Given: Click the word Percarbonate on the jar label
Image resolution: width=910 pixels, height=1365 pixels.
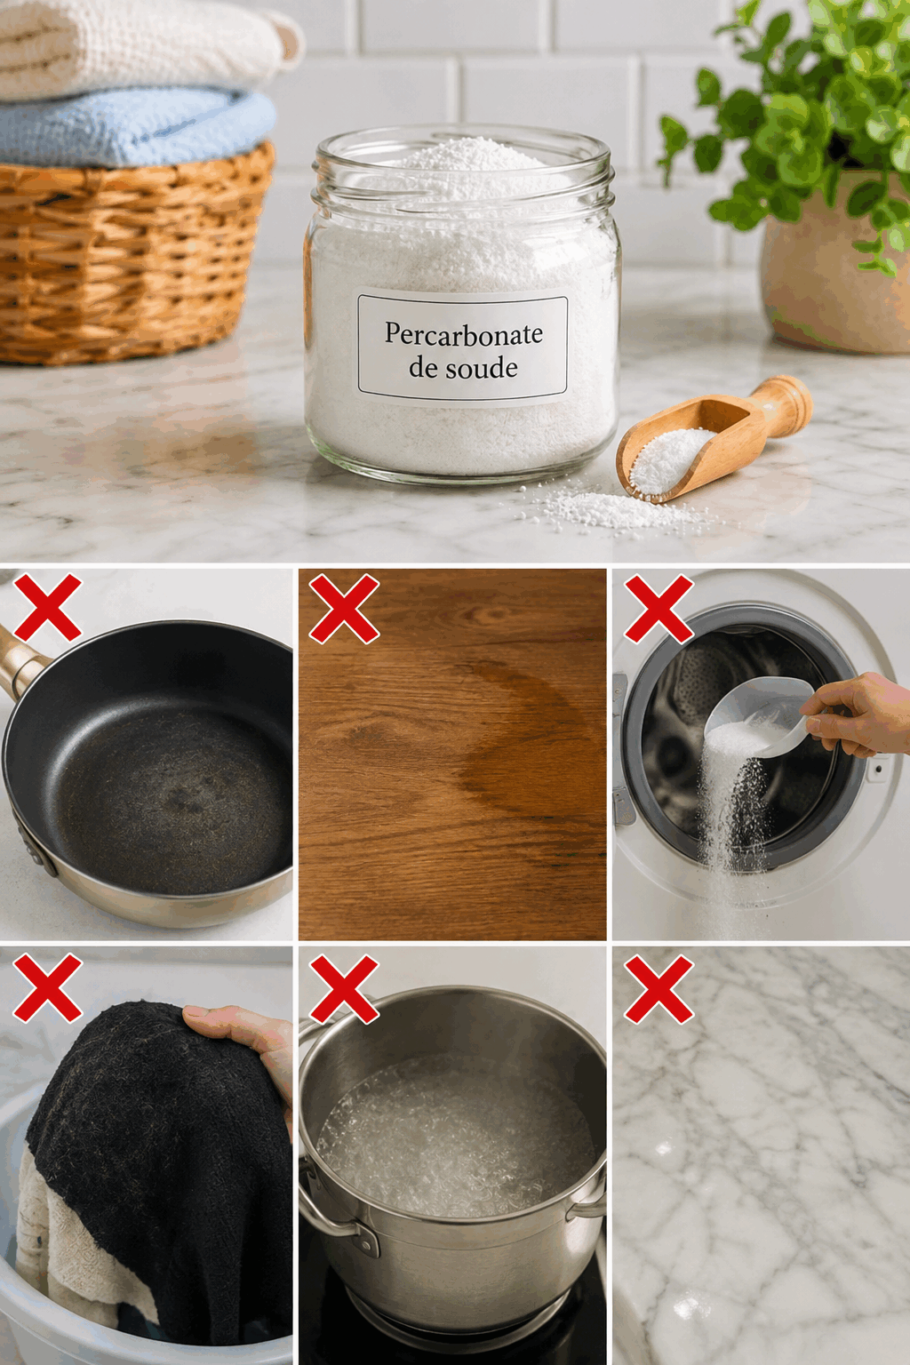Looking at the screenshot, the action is tap(463, 334).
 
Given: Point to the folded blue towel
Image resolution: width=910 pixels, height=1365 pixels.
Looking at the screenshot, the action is tap(134, 128).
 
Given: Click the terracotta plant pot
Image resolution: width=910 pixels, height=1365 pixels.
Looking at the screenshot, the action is tap(835, 262).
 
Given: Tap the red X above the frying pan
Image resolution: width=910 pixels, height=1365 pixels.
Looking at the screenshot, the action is tap(47, 606).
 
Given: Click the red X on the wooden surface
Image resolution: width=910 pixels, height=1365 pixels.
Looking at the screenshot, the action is tap(345, 608).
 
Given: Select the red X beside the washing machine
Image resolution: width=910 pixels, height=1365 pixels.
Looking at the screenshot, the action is tap(659, 608).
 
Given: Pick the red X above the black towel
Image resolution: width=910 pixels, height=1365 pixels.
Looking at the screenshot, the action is tap(47, 988).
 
